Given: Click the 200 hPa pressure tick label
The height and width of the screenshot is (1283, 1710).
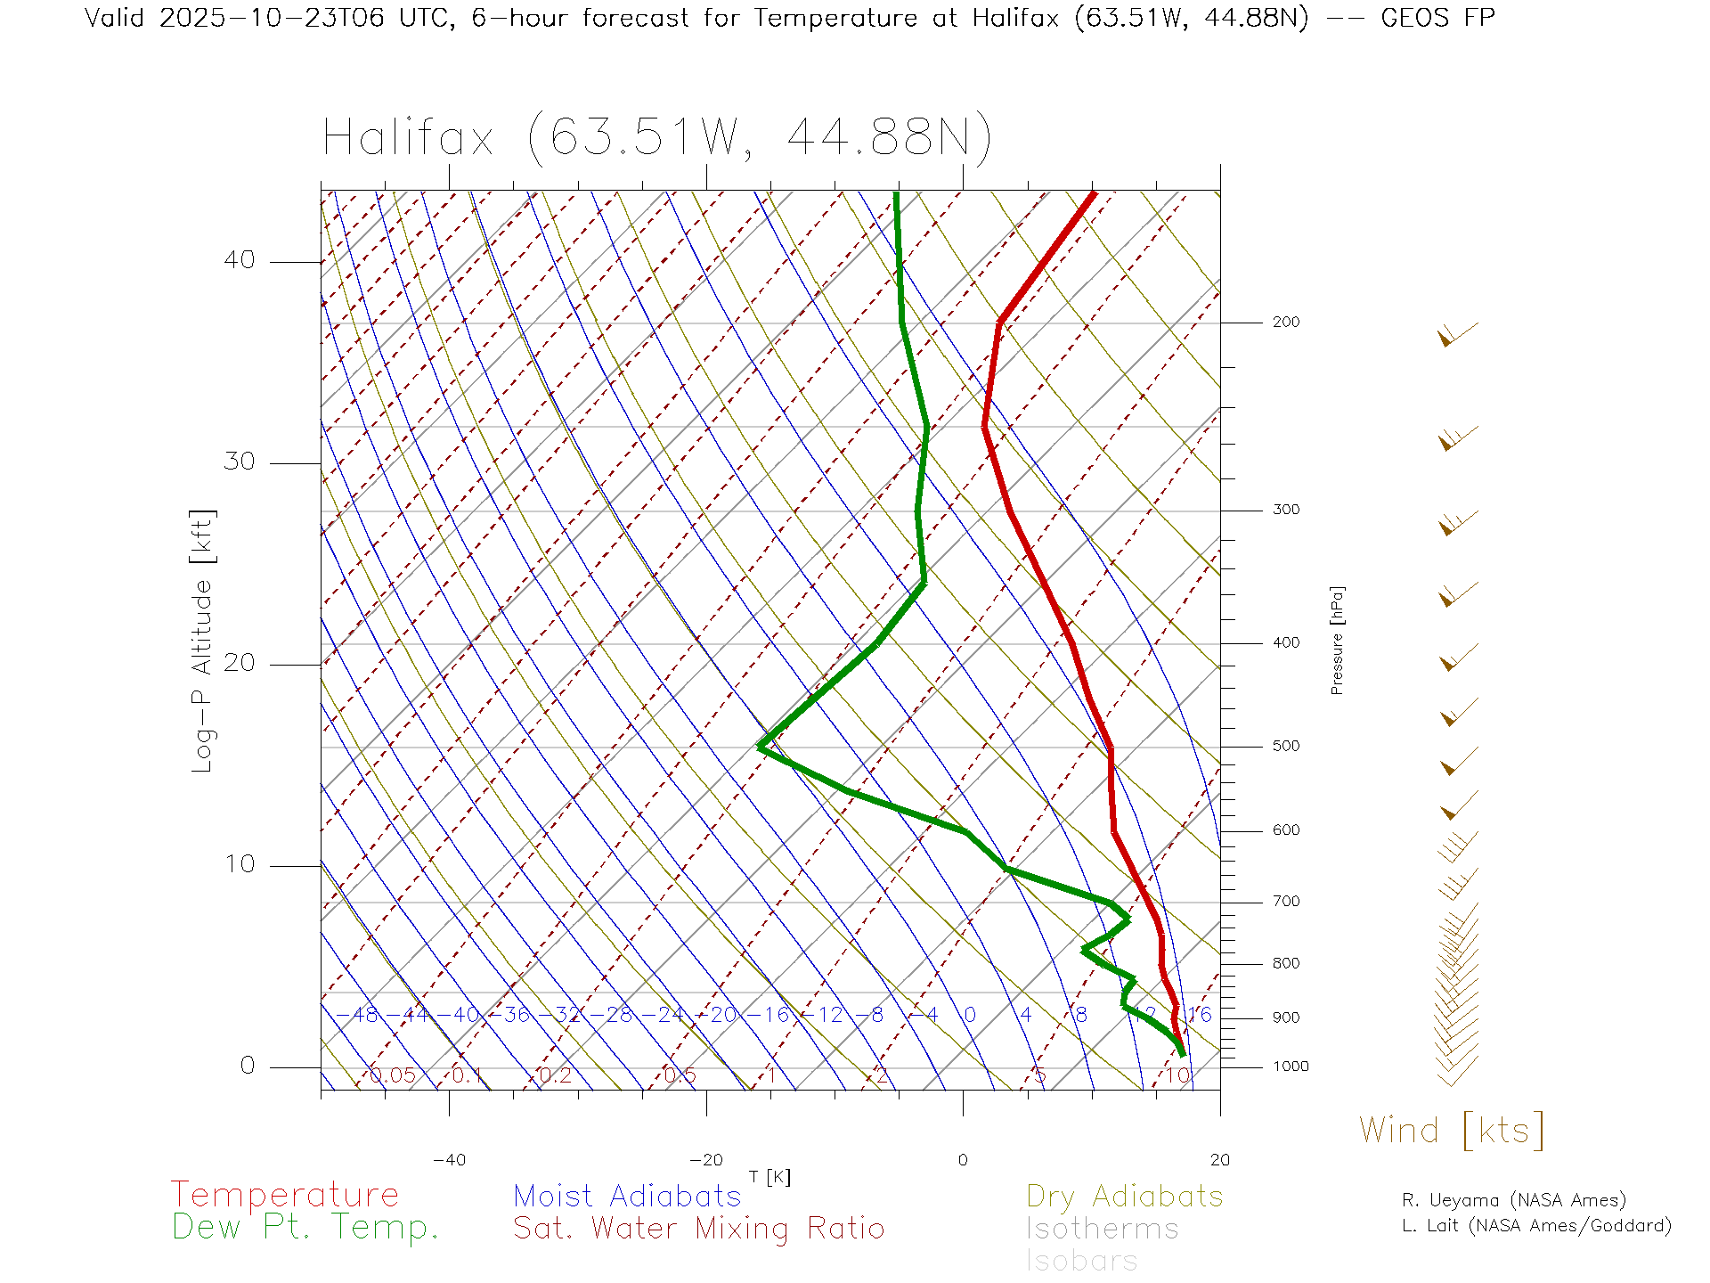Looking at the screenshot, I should [1285, 322].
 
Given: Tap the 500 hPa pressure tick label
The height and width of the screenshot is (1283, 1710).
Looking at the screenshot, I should [1285, 746].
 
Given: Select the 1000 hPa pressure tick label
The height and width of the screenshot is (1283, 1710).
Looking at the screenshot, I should [1290, 1066].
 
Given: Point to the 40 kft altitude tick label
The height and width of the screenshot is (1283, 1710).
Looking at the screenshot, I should [239, 260].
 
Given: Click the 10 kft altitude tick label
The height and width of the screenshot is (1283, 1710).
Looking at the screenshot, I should [239, 864].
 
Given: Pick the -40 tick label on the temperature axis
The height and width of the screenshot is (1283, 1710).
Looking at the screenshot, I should [449, 1160].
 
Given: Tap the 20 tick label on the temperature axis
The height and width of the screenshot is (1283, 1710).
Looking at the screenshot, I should [1219, 1160].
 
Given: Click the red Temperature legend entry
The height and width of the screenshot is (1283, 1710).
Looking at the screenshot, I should [285, 1195].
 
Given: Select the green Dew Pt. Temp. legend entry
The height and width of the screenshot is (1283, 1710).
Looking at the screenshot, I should [305, 1228].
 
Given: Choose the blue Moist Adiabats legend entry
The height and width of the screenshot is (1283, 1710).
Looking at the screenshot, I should [627, 1196].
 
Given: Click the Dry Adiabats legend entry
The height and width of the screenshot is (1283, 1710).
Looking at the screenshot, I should [1124, 1196].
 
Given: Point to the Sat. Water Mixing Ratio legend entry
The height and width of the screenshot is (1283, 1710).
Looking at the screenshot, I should [698, 1229].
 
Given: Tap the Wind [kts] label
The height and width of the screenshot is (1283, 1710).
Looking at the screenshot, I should [1452, 1130].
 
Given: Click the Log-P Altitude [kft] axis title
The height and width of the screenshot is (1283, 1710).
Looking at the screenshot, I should [203, 641].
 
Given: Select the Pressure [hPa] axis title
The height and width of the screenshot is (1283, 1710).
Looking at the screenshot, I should [1337, 640].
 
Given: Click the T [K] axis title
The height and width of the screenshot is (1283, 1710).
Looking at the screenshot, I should [769, 1177].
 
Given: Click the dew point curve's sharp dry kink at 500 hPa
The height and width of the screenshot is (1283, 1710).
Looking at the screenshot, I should [761, 747].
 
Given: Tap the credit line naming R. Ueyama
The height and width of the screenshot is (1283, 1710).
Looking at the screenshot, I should [1513, 1200].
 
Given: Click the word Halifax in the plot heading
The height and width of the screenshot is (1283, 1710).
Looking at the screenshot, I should [408, 138].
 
